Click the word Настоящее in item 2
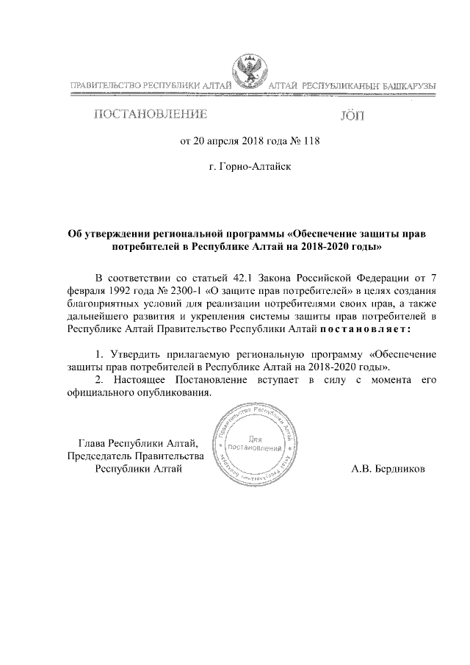pos(139,379)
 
